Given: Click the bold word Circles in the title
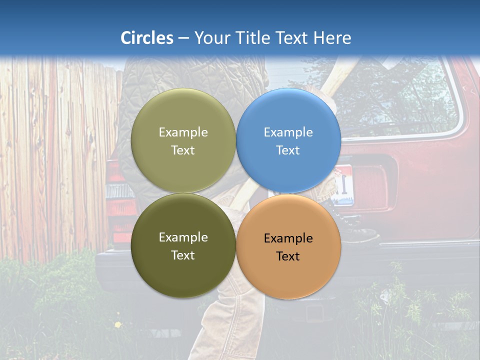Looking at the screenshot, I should coord(147,38).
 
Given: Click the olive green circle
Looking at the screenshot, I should coord(183,140).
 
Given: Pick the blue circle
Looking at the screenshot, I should coord(288,140).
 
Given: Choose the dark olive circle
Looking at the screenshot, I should coord(183,245).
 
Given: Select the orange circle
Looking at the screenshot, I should coord(288,246).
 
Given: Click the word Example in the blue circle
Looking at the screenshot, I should coord(288,132).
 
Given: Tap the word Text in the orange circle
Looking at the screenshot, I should coord(288,256).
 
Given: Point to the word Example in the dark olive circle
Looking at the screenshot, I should coord(183,237).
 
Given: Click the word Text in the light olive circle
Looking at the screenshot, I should coord(183,150).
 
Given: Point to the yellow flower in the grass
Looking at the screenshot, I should coord(118,324).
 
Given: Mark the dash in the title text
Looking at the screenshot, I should coord(183,38).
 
